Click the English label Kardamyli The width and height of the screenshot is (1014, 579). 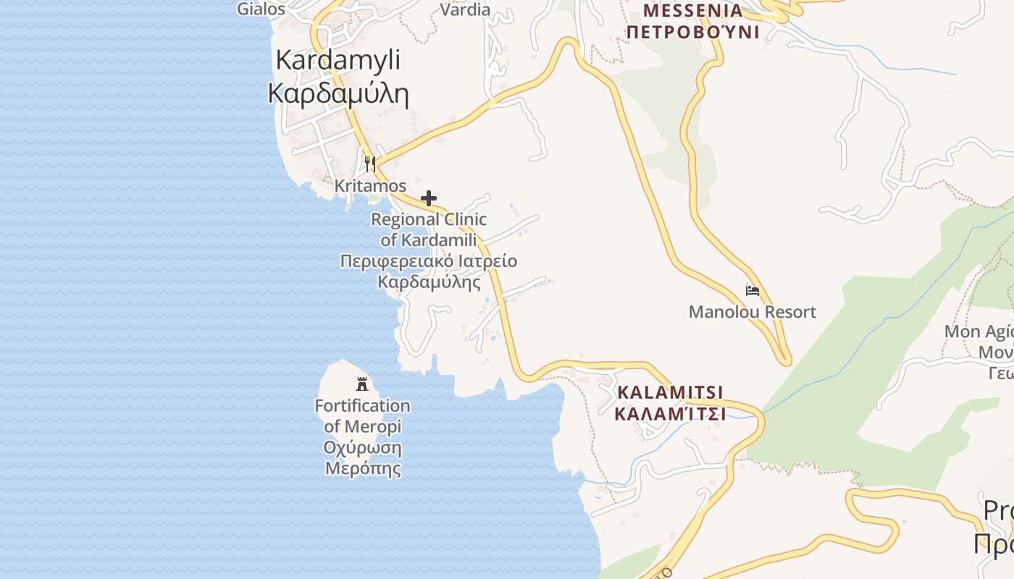pyautogui.click(x=338, y=60)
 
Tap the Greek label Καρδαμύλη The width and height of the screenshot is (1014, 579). pyautogui.click(x=338, y=94)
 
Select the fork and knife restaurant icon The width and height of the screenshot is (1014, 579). pyautogui.click(x=370, y=164)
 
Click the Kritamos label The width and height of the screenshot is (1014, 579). pyautogui.click(x=370, y=186)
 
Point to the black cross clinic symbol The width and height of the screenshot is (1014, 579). pyautogui.click(x=429, y=198)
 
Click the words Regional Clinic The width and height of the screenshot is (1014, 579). pyautogui.click(x=429, y=219)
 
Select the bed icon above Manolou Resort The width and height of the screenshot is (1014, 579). pyautogui.click(x=753, y=291)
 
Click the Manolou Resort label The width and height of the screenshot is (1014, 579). pyautogui.click(x=752, y=312)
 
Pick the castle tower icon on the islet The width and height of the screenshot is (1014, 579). pyautogui.click(x=362, y=384)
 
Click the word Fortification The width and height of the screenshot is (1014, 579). pyautogui.click(x=362, y=405)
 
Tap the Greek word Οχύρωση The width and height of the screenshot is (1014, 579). pyautogui.click(x=362, y=447)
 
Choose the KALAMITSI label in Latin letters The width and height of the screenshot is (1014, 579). pyautogui.click(x=670, y=392)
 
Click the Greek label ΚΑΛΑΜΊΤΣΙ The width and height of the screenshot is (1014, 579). pyautogui.click(x=670, y=413)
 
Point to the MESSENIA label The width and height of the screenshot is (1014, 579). pyautogui.click(x=692, y=11)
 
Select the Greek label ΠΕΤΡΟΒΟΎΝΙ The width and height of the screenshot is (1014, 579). pyautogui.click(x=692, y=33)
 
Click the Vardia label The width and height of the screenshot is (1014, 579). pyautogui.click(x=466, y=9)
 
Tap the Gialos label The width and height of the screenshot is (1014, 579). pyautogui.click(x=261, y=9)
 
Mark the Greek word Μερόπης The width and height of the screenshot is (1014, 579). pyautogui.click(x=362, y=468)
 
